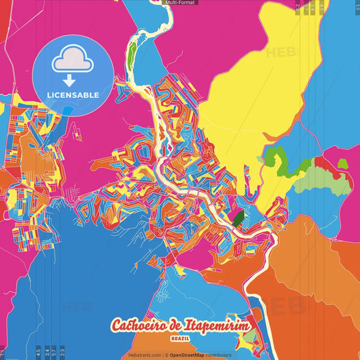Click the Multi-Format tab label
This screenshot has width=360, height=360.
(180, 3)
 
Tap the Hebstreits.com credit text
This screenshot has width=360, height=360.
(145, 355)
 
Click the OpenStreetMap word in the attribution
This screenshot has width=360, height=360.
(187, 355)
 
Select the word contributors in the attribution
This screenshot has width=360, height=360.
(219, 355)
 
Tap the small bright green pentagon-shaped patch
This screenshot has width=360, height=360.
(343, 163)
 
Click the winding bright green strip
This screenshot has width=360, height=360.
(284, 159)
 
